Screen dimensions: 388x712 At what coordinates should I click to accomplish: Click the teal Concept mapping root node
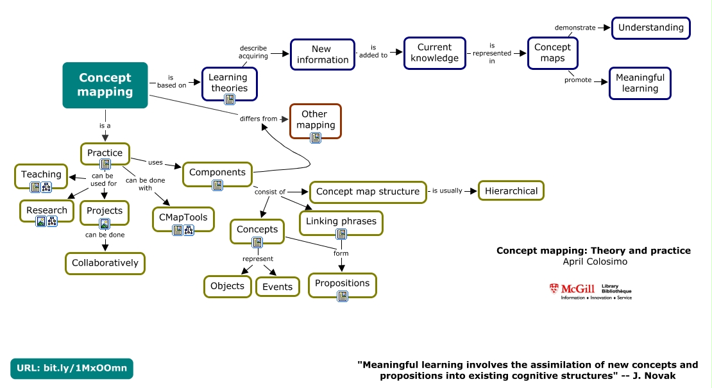coord(105,85)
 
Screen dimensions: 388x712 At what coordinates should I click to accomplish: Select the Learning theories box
coord(229,83)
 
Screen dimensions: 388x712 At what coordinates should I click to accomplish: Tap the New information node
coord(322,55)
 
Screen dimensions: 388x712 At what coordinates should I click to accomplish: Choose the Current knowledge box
coord(434,53)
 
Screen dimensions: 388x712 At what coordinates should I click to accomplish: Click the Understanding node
coord(650,28)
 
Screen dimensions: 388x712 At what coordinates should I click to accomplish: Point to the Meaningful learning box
coord(640,83)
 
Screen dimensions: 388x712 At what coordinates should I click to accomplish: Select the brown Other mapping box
coord(315,120)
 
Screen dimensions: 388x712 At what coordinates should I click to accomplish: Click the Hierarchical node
coord(511,190)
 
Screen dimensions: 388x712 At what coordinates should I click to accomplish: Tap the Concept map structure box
coord(368,192)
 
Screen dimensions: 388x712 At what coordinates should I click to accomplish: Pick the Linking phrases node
coord(341,222)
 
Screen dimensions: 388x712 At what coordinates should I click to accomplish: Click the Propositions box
coord(342,284)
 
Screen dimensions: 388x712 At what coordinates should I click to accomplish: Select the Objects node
coord(227,286)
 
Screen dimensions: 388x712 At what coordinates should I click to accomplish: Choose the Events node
coord(278,287)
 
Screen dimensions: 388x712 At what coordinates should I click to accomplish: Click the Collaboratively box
coord(105,263)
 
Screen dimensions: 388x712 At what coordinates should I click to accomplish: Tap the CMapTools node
coord(183,218)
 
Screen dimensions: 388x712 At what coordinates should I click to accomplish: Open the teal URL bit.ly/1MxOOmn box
coord(72,368)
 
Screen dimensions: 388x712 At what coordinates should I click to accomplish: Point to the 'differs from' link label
coord(259,119)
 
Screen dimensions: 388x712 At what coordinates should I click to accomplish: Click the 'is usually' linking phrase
coord(447,190)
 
